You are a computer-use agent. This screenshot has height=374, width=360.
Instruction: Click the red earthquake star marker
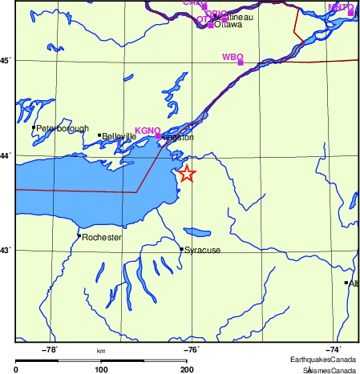pos(186,174)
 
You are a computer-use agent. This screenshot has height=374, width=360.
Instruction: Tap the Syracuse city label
pos(202,251)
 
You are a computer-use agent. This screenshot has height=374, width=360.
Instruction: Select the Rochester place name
pos(102,238)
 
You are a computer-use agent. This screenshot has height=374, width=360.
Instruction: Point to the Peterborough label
pos(59,128)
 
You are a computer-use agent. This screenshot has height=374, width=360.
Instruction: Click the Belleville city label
pos(118,136)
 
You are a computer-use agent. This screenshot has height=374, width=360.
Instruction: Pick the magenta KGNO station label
pos(148,131)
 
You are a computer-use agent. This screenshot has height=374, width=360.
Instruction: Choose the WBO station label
pos(232,58)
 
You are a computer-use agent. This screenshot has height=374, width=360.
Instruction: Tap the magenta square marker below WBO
pos(241,63)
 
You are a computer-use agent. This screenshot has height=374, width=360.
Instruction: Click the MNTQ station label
pos(340,6)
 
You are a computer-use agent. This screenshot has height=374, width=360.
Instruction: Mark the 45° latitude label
pos(6,60)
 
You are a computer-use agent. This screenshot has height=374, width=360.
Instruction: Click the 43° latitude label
pos(6,251)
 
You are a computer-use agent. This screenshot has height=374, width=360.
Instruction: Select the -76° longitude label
pos(192,349)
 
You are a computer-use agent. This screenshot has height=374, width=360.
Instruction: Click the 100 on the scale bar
pos(101,369)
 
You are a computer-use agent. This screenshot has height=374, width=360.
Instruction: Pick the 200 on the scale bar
pos(186,369)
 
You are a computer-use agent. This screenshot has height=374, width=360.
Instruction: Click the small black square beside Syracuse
pos(181,249)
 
